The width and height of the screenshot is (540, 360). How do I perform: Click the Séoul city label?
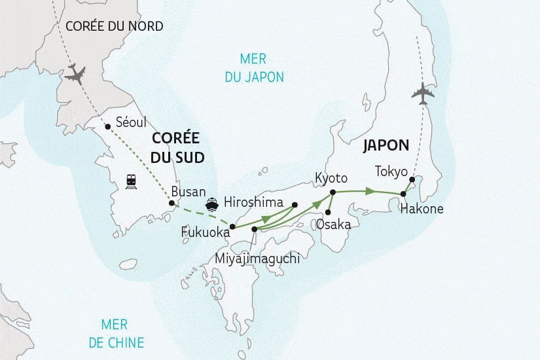coord(130,122)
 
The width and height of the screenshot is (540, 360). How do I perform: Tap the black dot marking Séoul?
coord(107,127)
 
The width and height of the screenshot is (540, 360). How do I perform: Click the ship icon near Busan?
coord(213,202)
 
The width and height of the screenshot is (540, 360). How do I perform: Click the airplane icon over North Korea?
coord(76,75)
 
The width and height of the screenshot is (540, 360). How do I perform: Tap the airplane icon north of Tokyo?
coord(423,94)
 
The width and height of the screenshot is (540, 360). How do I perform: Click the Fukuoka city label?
coord(205,232)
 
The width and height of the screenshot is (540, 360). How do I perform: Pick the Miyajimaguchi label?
coord(257,259)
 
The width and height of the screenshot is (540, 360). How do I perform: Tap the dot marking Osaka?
coord(327,211)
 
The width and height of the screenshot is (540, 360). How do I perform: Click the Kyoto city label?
coord(331,178)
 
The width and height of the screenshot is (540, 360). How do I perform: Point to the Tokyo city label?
coord(391,171)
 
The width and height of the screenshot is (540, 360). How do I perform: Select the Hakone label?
coord(422,209)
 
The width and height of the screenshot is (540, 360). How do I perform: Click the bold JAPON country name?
coord(387,145)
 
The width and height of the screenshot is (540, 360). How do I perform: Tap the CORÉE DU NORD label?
coord(115,26)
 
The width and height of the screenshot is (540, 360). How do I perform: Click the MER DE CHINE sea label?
coord(122,333)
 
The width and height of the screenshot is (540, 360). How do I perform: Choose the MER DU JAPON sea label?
coord(254,68)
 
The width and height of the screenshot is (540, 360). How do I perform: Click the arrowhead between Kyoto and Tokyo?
coord(370,191)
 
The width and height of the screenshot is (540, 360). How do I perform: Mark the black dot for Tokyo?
coord(412,179)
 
